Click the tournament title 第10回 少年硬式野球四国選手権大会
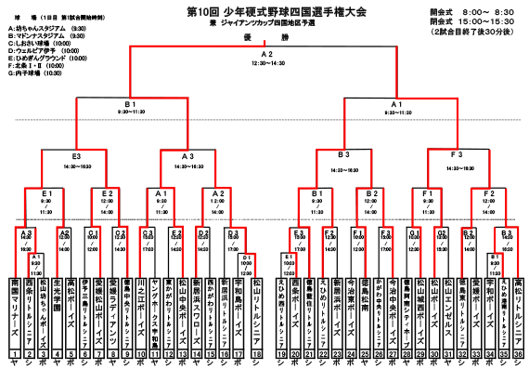tap(264, 10)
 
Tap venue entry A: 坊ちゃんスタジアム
tap(46, 28)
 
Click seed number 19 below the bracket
tap(279, 355)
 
